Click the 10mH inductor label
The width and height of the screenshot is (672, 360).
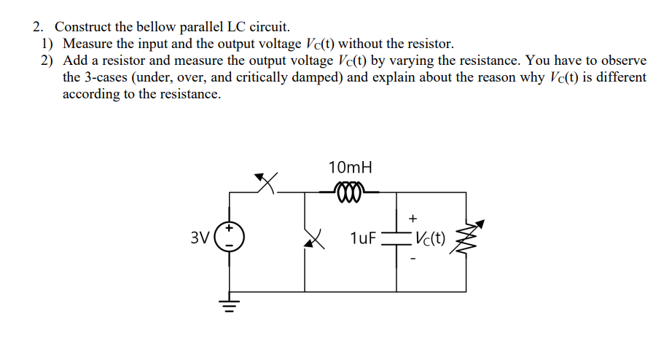(x=351, y=167)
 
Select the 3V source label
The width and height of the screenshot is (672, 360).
(x=199, y=238)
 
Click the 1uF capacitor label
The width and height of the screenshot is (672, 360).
(x=362, y=238)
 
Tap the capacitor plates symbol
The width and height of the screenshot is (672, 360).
(x=396, y=238)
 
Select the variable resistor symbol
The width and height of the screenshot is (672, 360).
(x=466, y=238)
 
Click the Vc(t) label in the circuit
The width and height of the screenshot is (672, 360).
(x=430, y=238)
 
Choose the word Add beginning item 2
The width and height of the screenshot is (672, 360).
(x=76, y=60)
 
